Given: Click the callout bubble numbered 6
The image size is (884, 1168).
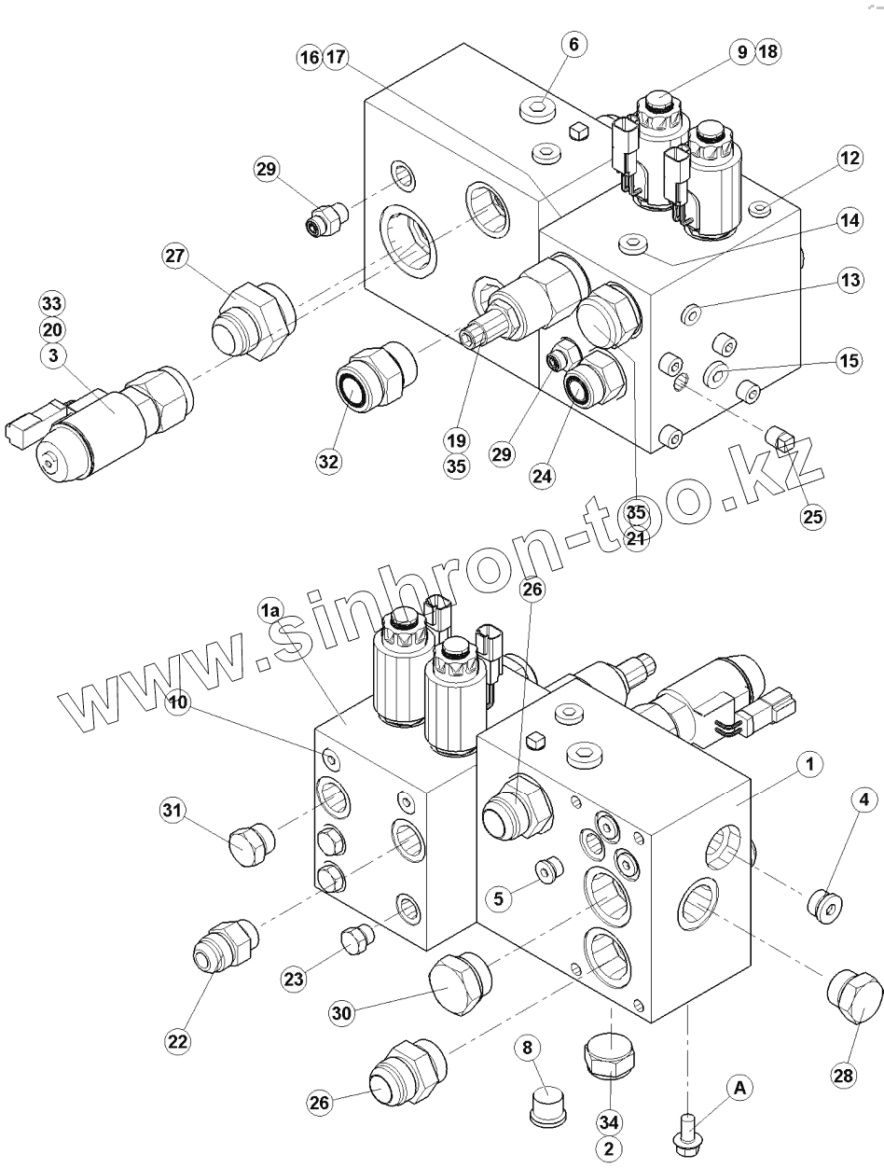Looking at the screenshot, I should tap(573, 44).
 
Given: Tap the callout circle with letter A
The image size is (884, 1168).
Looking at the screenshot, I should tap(740, 1087).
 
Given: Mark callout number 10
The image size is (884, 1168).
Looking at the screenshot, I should tap(181, 702).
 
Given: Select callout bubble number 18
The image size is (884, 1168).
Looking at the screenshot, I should tap(767, 52).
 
